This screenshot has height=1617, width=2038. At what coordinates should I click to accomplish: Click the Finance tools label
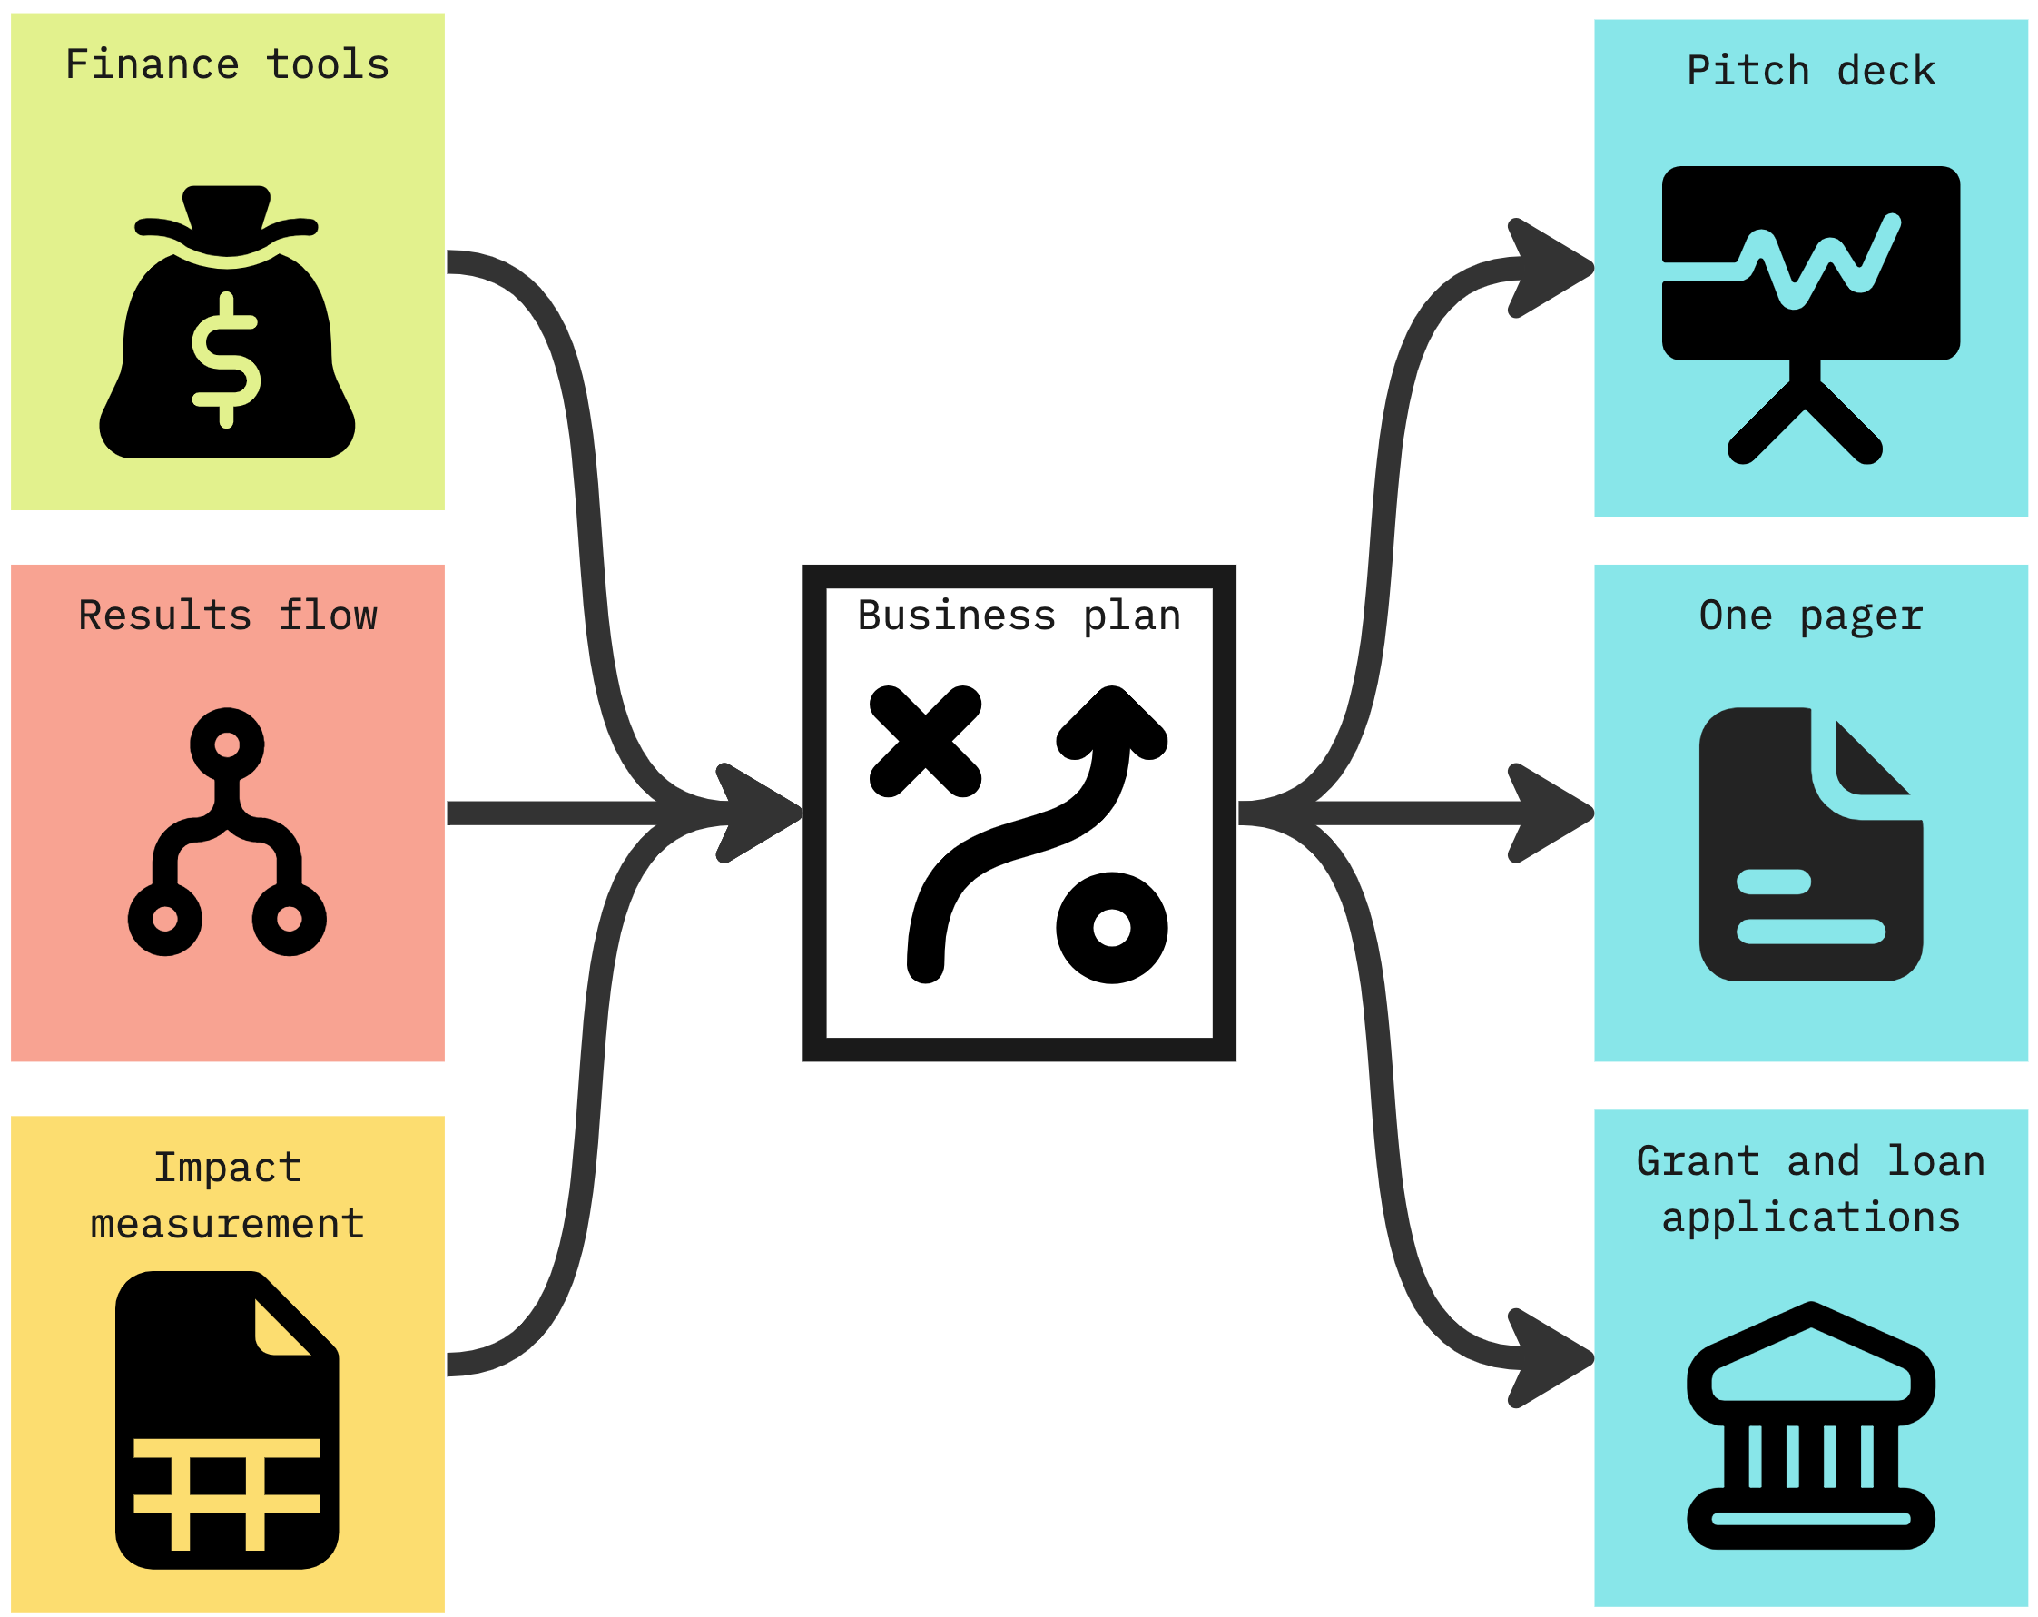coord(227,65)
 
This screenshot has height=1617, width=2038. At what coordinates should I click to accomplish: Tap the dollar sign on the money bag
coord(226,360)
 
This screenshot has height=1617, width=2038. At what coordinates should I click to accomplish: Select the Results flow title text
coord(227,616)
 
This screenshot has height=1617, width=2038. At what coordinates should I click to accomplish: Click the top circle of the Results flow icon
coord(227,745)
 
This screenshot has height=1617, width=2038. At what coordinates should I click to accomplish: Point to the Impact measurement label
coord(227,1195)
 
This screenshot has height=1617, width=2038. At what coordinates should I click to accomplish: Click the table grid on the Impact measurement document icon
coord(227,1494)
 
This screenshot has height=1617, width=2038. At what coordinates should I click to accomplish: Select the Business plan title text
coord(1019,616)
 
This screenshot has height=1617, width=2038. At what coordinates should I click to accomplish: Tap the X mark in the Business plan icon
coord(925,742)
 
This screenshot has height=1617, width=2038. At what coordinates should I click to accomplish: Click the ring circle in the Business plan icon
coord(1112,928)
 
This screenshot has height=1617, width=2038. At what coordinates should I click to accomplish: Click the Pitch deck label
coord(1810,71)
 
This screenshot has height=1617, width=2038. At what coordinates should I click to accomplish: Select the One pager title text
coord(1810,616)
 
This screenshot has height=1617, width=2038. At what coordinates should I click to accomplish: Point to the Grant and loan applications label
coord(1810,1189)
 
